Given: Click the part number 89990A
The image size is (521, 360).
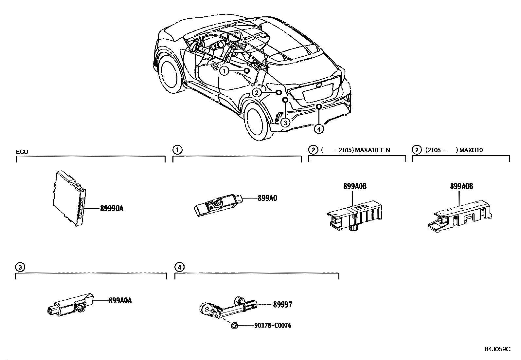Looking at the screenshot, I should click(112, 208).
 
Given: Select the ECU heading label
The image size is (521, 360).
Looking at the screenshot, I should click(22, 152).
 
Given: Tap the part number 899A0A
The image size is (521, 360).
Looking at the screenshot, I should click(120, 300).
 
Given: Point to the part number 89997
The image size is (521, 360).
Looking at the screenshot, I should click(283, 305).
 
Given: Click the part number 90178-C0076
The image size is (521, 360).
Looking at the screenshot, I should click(273, 325).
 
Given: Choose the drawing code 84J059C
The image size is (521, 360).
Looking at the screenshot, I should click(497, 349).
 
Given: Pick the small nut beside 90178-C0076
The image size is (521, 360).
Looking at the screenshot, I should click(234, 325).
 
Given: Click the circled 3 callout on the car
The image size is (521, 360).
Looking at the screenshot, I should click(285, 123).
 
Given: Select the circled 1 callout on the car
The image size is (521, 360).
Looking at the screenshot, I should click(224, 71).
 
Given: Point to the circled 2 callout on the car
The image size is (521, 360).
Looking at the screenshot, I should click(257, 93).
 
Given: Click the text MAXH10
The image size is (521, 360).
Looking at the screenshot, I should click(471, 150).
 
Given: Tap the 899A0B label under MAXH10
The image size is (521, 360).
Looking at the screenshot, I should click(461, 186).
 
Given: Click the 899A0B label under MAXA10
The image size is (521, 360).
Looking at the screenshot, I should click(355, 186).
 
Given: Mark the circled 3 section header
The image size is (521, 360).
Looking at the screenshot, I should click(20, 267).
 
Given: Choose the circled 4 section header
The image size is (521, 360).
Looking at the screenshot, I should click(179, 267).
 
